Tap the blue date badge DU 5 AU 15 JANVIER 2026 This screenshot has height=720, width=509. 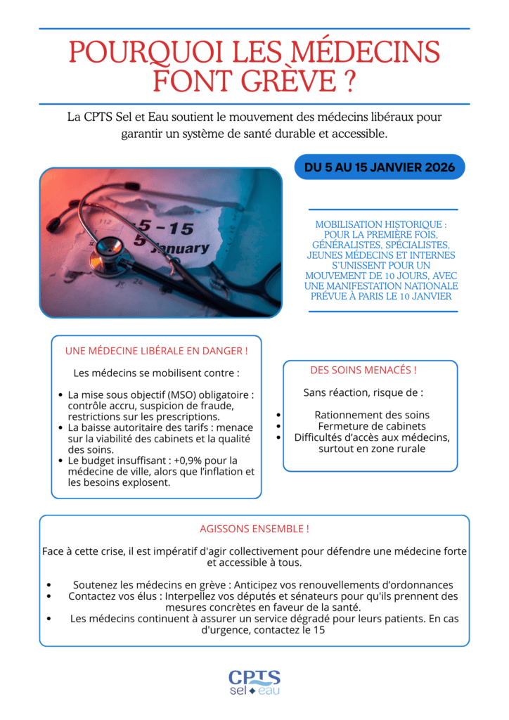(x=380, y=167)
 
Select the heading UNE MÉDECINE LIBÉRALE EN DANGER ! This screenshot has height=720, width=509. (x=156, y=350)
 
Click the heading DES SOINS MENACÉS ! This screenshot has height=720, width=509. (x=363, y=370)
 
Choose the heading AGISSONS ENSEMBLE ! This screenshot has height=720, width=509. (x=254, y=528)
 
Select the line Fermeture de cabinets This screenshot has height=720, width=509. (x=372, y=426)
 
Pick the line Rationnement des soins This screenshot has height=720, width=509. (x=372, y=415)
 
